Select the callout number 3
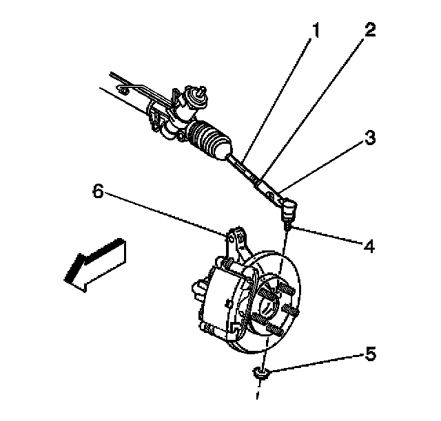(370, 138)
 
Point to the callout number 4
(370, 245)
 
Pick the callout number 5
(370, 355)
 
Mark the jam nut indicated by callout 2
(260, 182)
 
